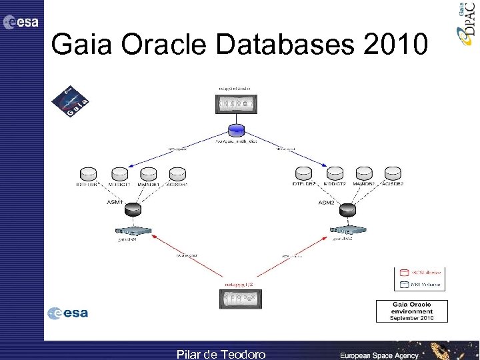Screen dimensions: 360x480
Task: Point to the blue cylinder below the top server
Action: [x=235, y=129]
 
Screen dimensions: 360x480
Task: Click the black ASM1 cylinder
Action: [x=133, y=209]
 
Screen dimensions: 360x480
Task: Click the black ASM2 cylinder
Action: [x=347, y=209]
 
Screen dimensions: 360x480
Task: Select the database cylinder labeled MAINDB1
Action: [x=149, y=173]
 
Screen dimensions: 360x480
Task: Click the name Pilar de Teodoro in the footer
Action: [x=221, y=353]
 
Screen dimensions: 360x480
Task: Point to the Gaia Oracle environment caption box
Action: [x=411, y=311]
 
